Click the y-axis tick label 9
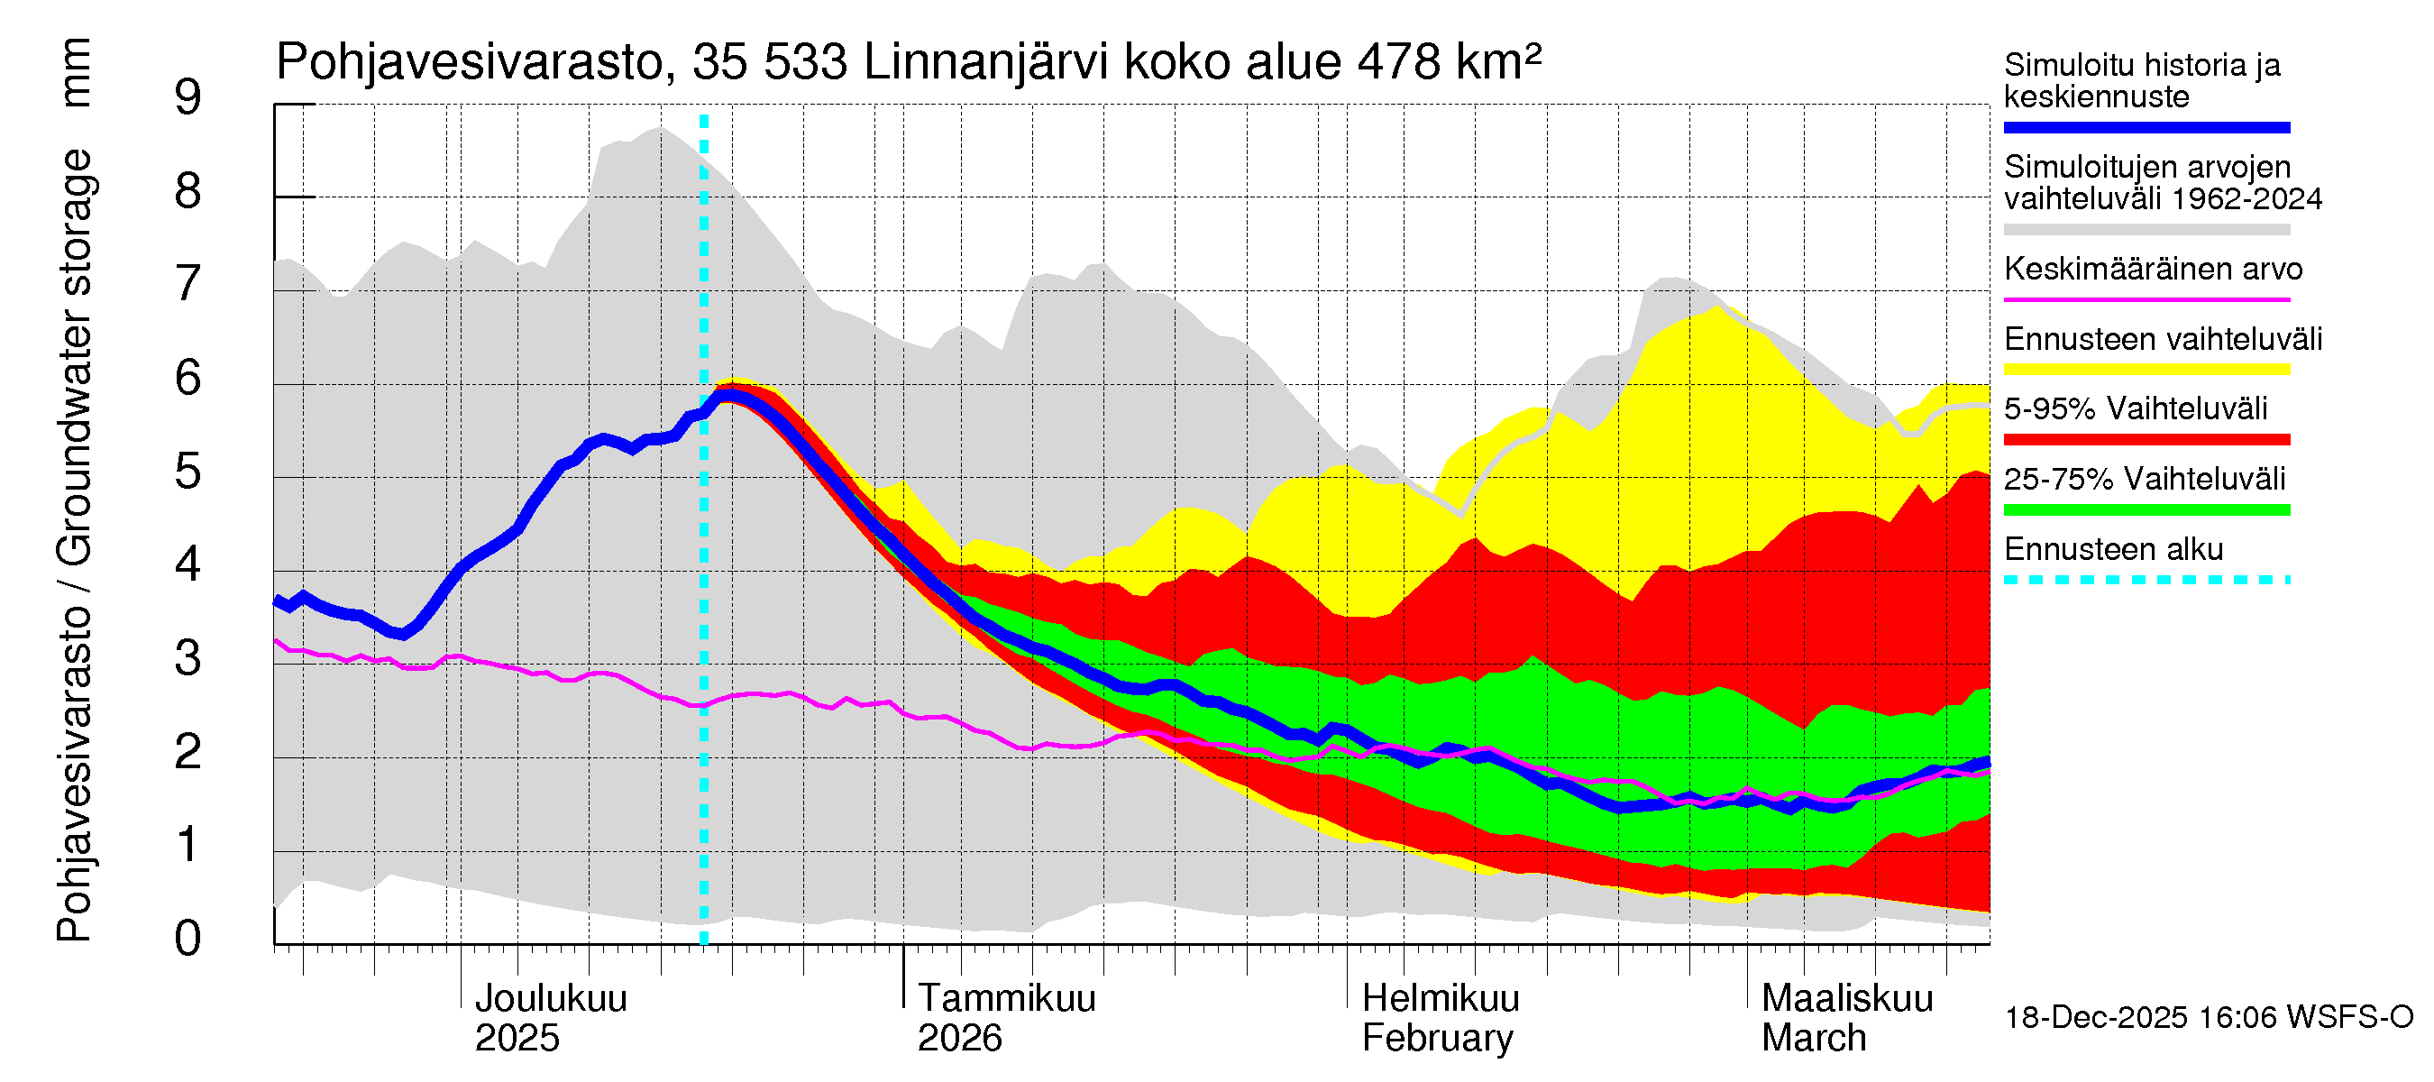point(188,98)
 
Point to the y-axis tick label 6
point(188,379)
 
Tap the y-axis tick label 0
point(188,940)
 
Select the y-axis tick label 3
point(188,658)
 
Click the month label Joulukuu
point(550,999)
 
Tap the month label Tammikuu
point(1006,999)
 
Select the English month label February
point(1437,1039)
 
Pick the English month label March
point(1813,1039)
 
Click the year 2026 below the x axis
point(959,1039)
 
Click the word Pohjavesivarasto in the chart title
point(469,63)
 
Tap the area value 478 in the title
point(1398,63)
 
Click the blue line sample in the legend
point(2146,127)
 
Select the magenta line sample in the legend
point(2146,299)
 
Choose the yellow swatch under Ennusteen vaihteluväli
point(2146,370)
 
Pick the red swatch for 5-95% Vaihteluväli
point(2146,439)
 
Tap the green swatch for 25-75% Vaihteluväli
point(2146,510)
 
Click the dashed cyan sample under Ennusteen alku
point(2146,580)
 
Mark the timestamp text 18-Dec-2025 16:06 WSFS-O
point(2208,1018)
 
